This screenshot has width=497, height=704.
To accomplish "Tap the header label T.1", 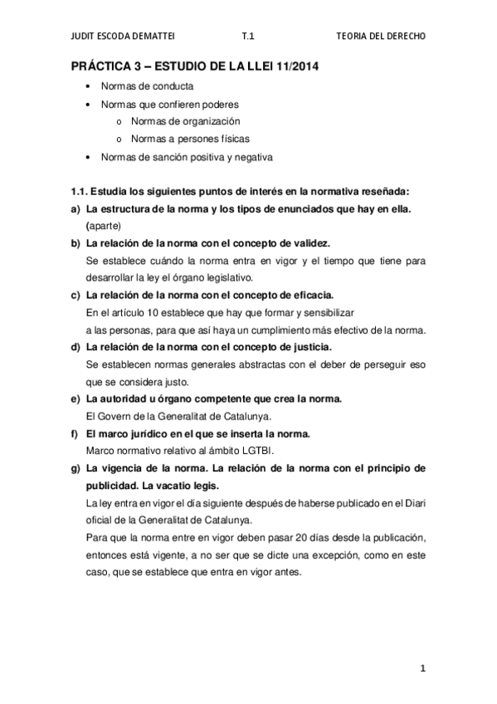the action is click(246, 36).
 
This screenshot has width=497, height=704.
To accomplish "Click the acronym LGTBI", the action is click(259, 452).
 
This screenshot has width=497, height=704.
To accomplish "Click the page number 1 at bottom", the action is click(422, 667).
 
